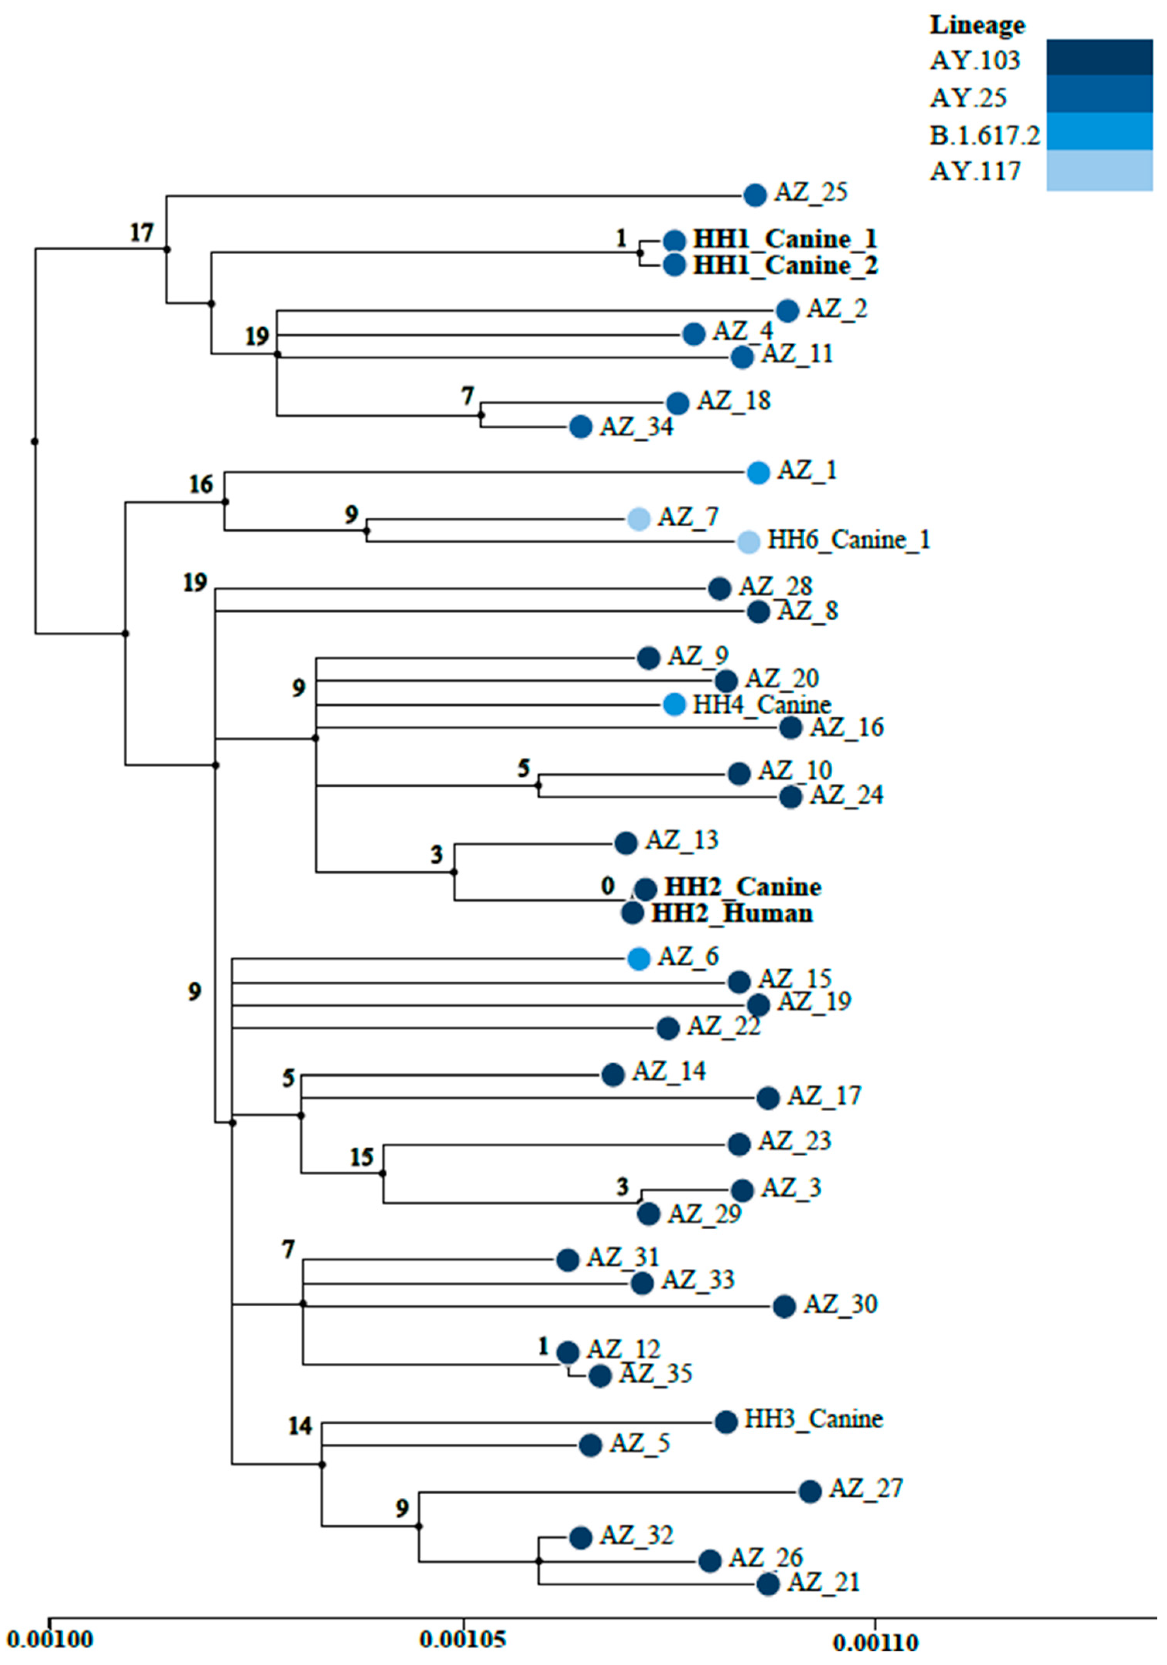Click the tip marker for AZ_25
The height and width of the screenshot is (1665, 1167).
(755, 195)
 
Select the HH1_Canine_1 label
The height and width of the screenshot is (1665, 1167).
(785, 239)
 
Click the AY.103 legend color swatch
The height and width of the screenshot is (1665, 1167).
(1099, 58)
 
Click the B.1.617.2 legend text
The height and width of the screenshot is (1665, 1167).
(984, 135)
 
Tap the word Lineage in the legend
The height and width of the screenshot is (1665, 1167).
(977, 26)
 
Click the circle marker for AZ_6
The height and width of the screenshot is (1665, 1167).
(638, 959)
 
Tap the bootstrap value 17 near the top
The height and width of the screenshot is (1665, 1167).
(142, 233)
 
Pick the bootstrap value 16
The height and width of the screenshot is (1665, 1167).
(201, 484)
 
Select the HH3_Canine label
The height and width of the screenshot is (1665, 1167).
(813, 1419)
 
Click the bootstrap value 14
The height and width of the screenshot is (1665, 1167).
(299, 1426)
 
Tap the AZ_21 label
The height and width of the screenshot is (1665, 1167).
(823, 1582)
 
